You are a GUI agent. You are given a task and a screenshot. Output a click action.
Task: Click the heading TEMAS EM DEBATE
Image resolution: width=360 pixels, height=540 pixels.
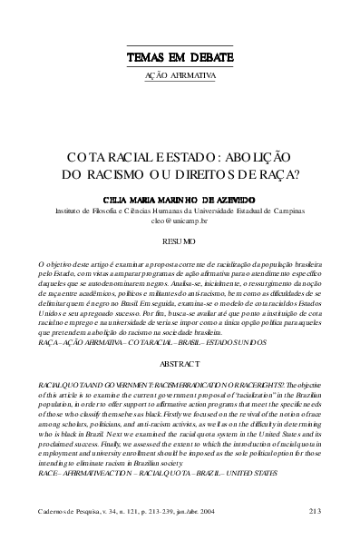(180, 56)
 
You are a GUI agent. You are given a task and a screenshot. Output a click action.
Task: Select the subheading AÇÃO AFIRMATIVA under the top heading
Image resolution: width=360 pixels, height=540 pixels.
(180, 76)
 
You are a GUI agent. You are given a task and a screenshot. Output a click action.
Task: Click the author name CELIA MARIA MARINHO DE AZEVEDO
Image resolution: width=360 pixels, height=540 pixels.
(180, 197)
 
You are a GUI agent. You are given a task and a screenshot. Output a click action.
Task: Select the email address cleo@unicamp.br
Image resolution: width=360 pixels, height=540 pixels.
(180, 220)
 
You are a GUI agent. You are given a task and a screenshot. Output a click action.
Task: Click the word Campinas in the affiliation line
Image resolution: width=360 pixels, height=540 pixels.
(282, 209)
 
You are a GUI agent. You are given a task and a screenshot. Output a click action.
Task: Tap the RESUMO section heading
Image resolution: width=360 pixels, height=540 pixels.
(180, 242)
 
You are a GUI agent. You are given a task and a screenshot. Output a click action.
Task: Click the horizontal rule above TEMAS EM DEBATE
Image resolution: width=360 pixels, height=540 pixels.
(180, 45)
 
